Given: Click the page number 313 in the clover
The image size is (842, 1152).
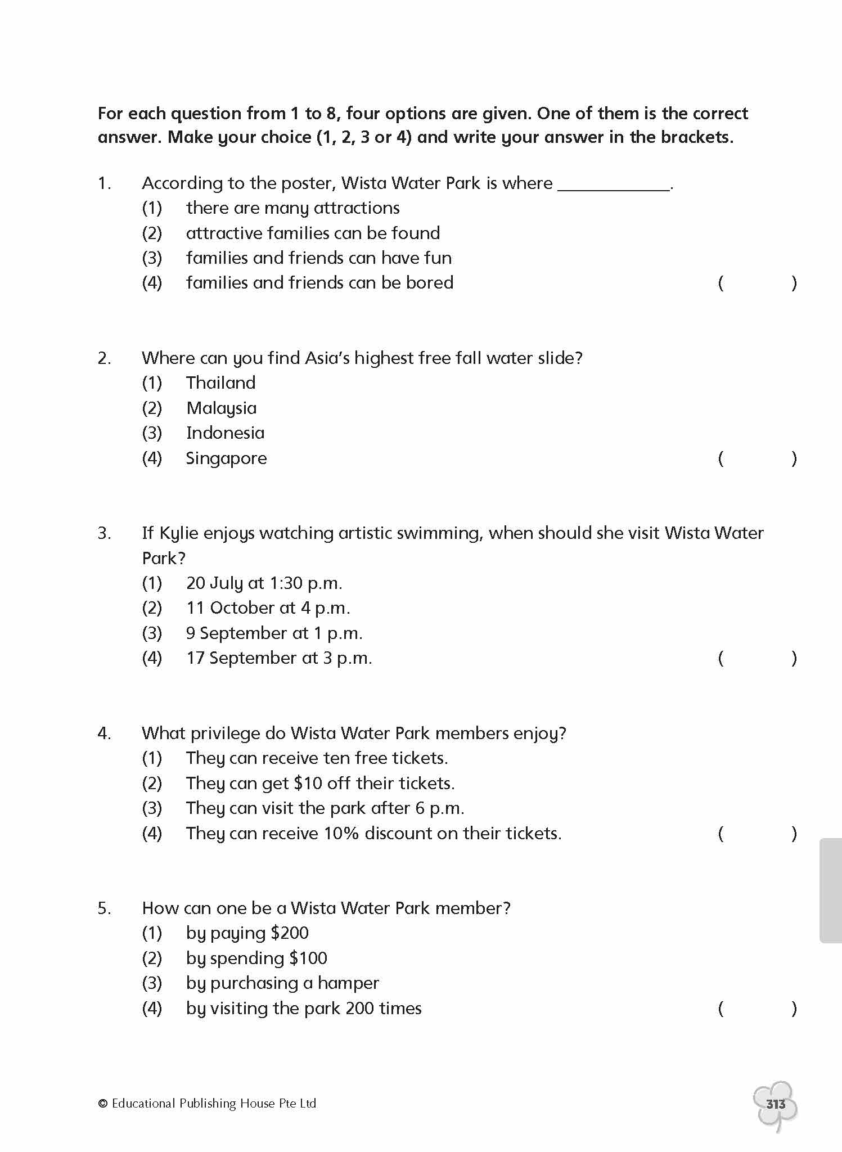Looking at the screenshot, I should click(776, 1104).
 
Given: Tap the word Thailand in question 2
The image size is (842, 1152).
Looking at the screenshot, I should click(220, 383).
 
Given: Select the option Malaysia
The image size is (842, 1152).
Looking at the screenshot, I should click(221, 408).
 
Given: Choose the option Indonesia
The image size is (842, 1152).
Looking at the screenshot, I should click(225, 433).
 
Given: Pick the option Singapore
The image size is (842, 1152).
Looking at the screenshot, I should click(226, 458).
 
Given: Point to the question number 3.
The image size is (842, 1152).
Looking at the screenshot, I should click(104, 533).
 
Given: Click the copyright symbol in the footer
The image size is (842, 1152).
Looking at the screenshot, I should click(102, 1104).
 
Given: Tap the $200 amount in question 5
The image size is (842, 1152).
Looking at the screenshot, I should click(290, 933).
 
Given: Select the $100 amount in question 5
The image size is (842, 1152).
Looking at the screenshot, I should click(308, 958).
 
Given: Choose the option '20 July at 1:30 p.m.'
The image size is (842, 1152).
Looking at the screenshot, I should click(264, 583).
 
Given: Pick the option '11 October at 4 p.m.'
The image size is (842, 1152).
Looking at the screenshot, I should click(268, 608).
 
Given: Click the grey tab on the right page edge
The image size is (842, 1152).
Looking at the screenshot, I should click(831, 890).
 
